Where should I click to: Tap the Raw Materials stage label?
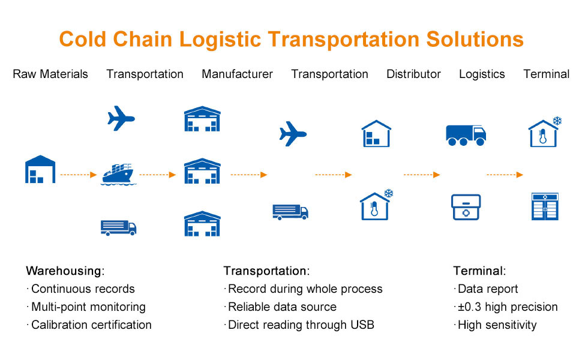coord(50,74)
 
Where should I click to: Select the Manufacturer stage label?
coord(237,74)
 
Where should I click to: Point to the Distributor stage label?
coord(413,74)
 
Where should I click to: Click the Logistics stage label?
coord(482,74)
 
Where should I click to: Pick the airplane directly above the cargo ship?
coord(121,118)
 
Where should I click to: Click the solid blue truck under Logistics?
coord(466,135)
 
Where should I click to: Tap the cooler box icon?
coord(466,207)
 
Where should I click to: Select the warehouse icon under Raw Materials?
coord(40,169)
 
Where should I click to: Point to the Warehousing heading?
coord(65,271)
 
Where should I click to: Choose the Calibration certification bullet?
coord(91,325)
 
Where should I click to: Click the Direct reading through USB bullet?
coord(301,325)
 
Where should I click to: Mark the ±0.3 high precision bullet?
coord(507,307)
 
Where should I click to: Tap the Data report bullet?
coord(487,289)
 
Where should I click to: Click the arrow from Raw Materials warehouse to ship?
coord(79,175)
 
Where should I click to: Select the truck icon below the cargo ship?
coord(118,227)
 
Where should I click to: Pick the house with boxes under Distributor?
coord(376,134)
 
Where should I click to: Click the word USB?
coord(362,325)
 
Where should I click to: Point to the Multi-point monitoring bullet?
coord(88,307)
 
